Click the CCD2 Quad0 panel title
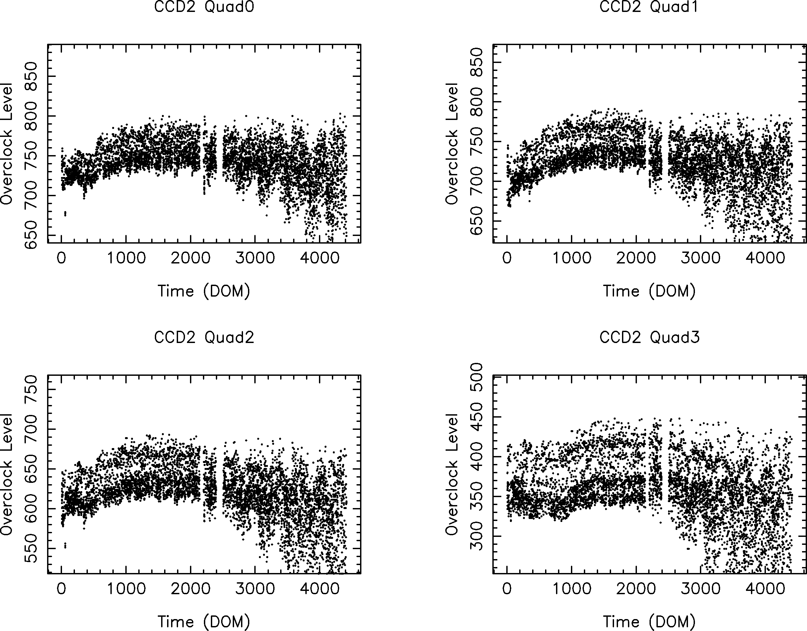click(x=204, y=7)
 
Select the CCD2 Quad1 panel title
click(x=649, y=7)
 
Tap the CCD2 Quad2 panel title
click(x=204, y=337)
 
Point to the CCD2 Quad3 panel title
click(x=649, y=337)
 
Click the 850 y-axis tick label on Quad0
click(x=31, y=76)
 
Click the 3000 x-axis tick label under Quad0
click(x=255, y=258)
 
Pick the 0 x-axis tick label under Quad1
click(x=507, y=258)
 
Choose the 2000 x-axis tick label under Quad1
click(x=636, y=258)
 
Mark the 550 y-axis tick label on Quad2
click(x=31, y=548)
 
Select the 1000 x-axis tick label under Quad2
click(x=126, y=588)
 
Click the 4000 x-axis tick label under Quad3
click(x=765, y=588)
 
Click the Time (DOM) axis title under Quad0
click(x=204, y=291)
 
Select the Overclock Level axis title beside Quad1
click(x=452, y=143)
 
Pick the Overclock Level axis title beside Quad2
click(x=7, y=474)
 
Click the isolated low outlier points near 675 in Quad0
click(x=65, y=213)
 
